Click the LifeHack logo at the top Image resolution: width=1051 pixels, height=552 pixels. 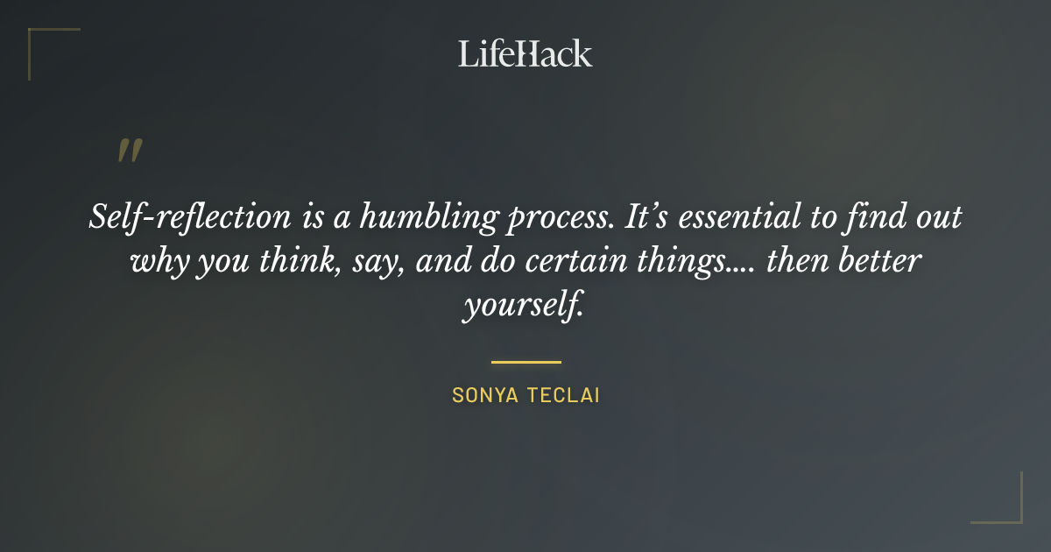pos(525,53)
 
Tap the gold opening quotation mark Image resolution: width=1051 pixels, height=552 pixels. pos(129,152)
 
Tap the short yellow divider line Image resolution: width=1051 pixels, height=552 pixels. pos(525,361)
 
